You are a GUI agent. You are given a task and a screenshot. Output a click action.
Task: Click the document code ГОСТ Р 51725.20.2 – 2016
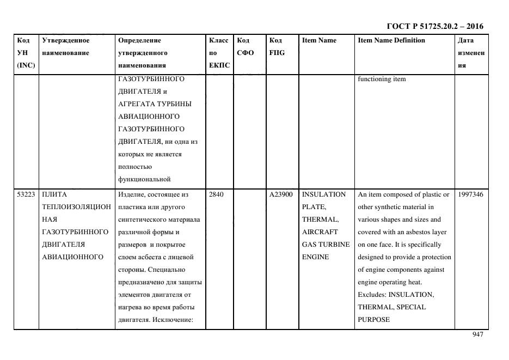(x=434, y=26)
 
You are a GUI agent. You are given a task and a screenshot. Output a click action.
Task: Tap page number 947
(x=477, y=335)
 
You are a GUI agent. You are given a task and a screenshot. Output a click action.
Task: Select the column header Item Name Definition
(x=391, y=40)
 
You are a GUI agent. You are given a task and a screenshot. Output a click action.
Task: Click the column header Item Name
(x=319, y=40)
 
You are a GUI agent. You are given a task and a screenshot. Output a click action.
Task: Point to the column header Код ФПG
(x=277, y=46)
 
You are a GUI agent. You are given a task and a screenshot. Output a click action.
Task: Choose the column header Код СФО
(x=243, y=46)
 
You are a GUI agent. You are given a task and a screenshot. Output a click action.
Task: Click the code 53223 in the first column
(x=26, y=194)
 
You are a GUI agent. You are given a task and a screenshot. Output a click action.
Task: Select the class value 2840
(x=216, y=194)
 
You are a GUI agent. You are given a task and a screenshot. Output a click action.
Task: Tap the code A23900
(x=281, y=194)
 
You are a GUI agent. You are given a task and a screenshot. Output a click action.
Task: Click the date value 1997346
(x=471, y=194)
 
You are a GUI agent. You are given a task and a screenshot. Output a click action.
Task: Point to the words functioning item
(x=382, y=79)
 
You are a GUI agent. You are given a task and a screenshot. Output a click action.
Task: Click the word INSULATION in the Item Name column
(x=323, y=194)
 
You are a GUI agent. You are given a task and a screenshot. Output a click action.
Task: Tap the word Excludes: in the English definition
(x=372, y=295)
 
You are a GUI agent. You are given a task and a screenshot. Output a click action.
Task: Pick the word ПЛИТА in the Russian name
(x=54, y=194)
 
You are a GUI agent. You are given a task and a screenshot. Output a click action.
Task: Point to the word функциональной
(x=144, y=179)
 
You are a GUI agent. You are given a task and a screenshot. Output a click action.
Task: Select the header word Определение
(x=139, y=40)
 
